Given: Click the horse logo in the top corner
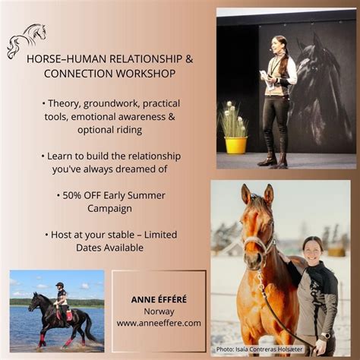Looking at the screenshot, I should tap(27, 40).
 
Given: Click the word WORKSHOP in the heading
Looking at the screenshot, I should tap(144, 74).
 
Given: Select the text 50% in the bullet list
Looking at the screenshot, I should tap(74, 195).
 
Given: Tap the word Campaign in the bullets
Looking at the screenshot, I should tap(110, 208).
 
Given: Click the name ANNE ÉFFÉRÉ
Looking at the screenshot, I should tap(159, 299).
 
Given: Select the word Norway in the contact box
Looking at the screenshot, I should tap(159, 311).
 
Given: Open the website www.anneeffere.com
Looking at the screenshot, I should tap(159, 323).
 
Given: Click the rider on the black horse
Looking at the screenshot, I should tap(61, 295).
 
